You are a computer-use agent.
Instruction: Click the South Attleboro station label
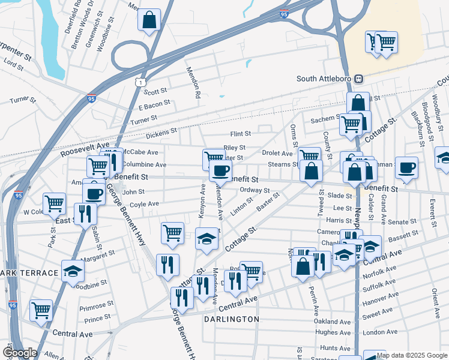[324, 79]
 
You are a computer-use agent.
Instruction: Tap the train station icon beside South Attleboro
[359, 79]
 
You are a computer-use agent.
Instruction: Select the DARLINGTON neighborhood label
[231, 319]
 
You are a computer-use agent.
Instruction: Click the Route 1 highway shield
[139, 81]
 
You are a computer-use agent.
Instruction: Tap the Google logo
[19, 353]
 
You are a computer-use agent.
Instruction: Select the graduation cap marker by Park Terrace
[73, 271]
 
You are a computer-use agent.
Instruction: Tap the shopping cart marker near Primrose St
[41, 311]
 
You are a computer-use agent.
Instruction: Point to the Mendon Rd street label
[196, 83]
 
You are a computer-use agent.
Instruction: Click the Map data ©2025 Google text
[412, 355]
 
